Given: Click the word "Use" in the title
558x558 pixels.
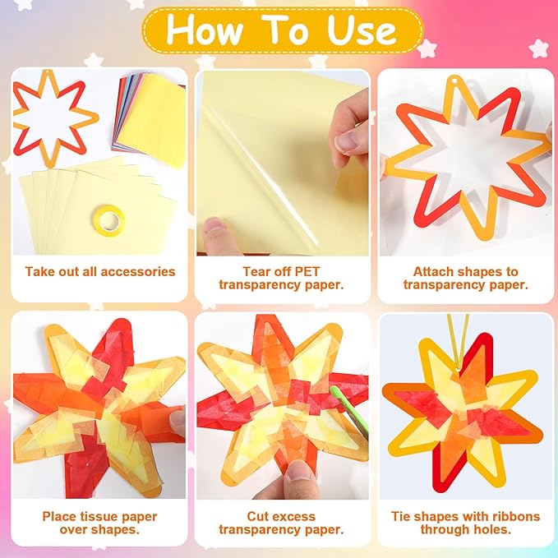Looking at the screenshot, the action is pyautogui.click(x=361, y=30).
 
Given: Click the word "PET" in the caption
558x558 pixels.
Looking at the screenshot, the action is pyautogui.click(x=307, y=271).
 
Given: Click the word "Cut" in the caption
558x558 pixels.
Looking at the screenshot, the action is pyautogui.click(x=259, y=516).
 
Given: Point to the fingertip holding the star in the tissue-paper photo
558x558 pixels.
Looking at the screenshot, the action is pyautogui.click(x=177, y=422).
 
